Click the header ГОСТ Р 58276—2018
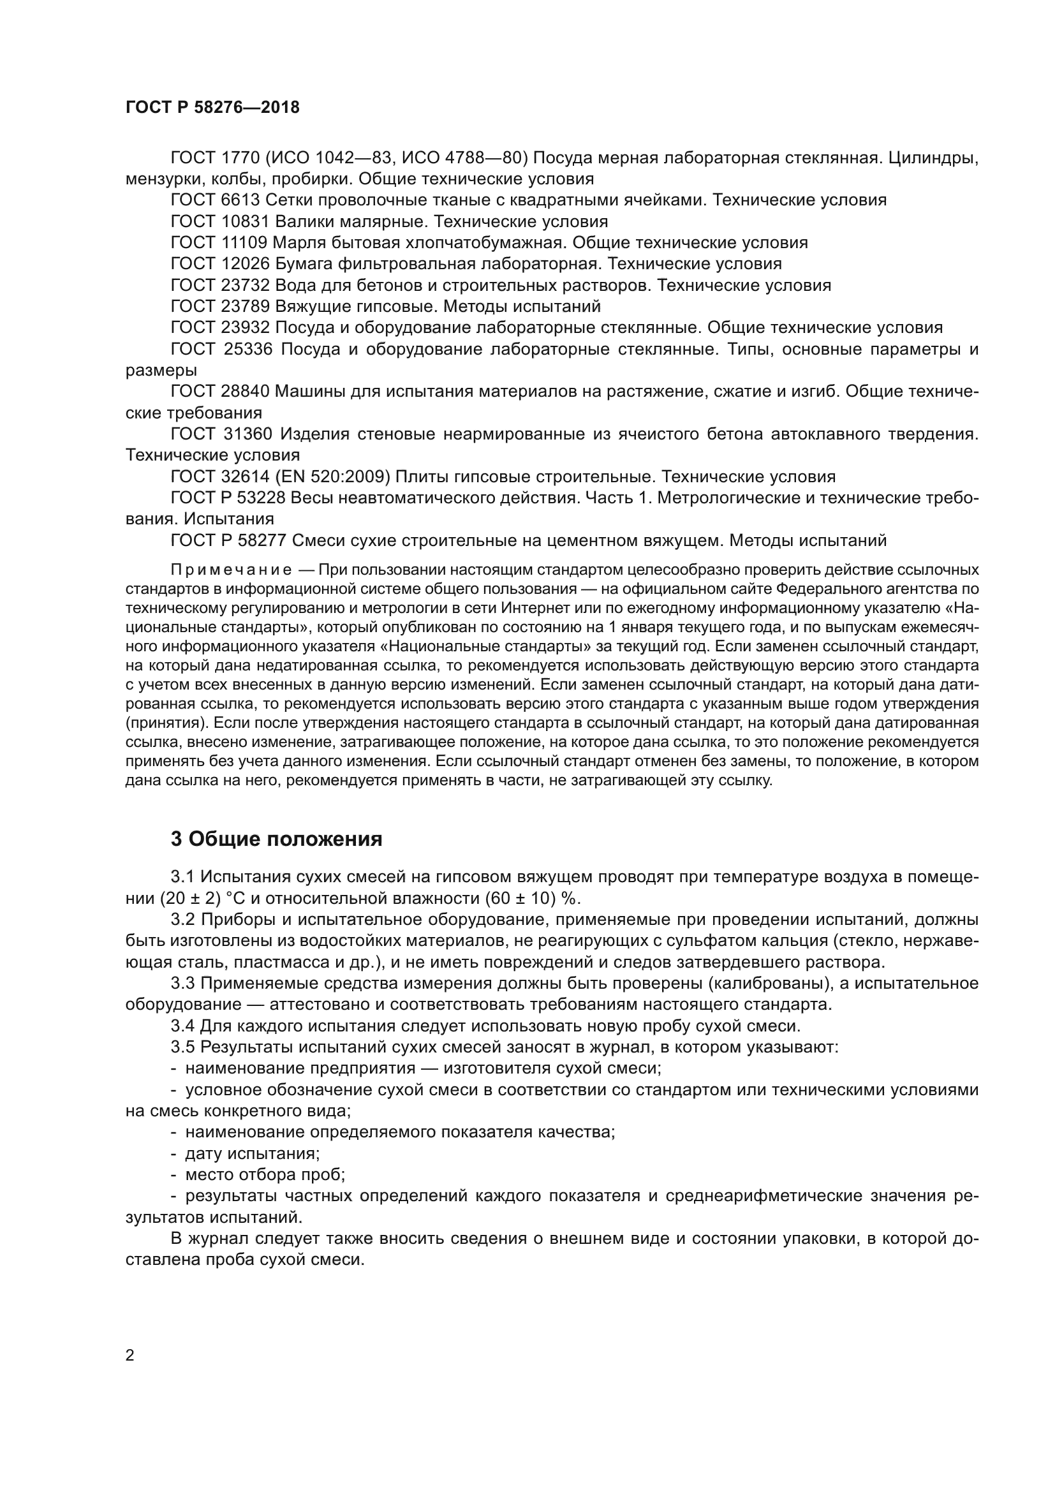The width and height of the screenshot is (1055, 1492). point(212,108)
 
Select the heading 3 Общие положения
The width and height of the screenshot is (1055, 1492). point(276,839)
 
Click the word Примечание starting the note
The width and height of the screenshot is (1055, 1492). point(230,570)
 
